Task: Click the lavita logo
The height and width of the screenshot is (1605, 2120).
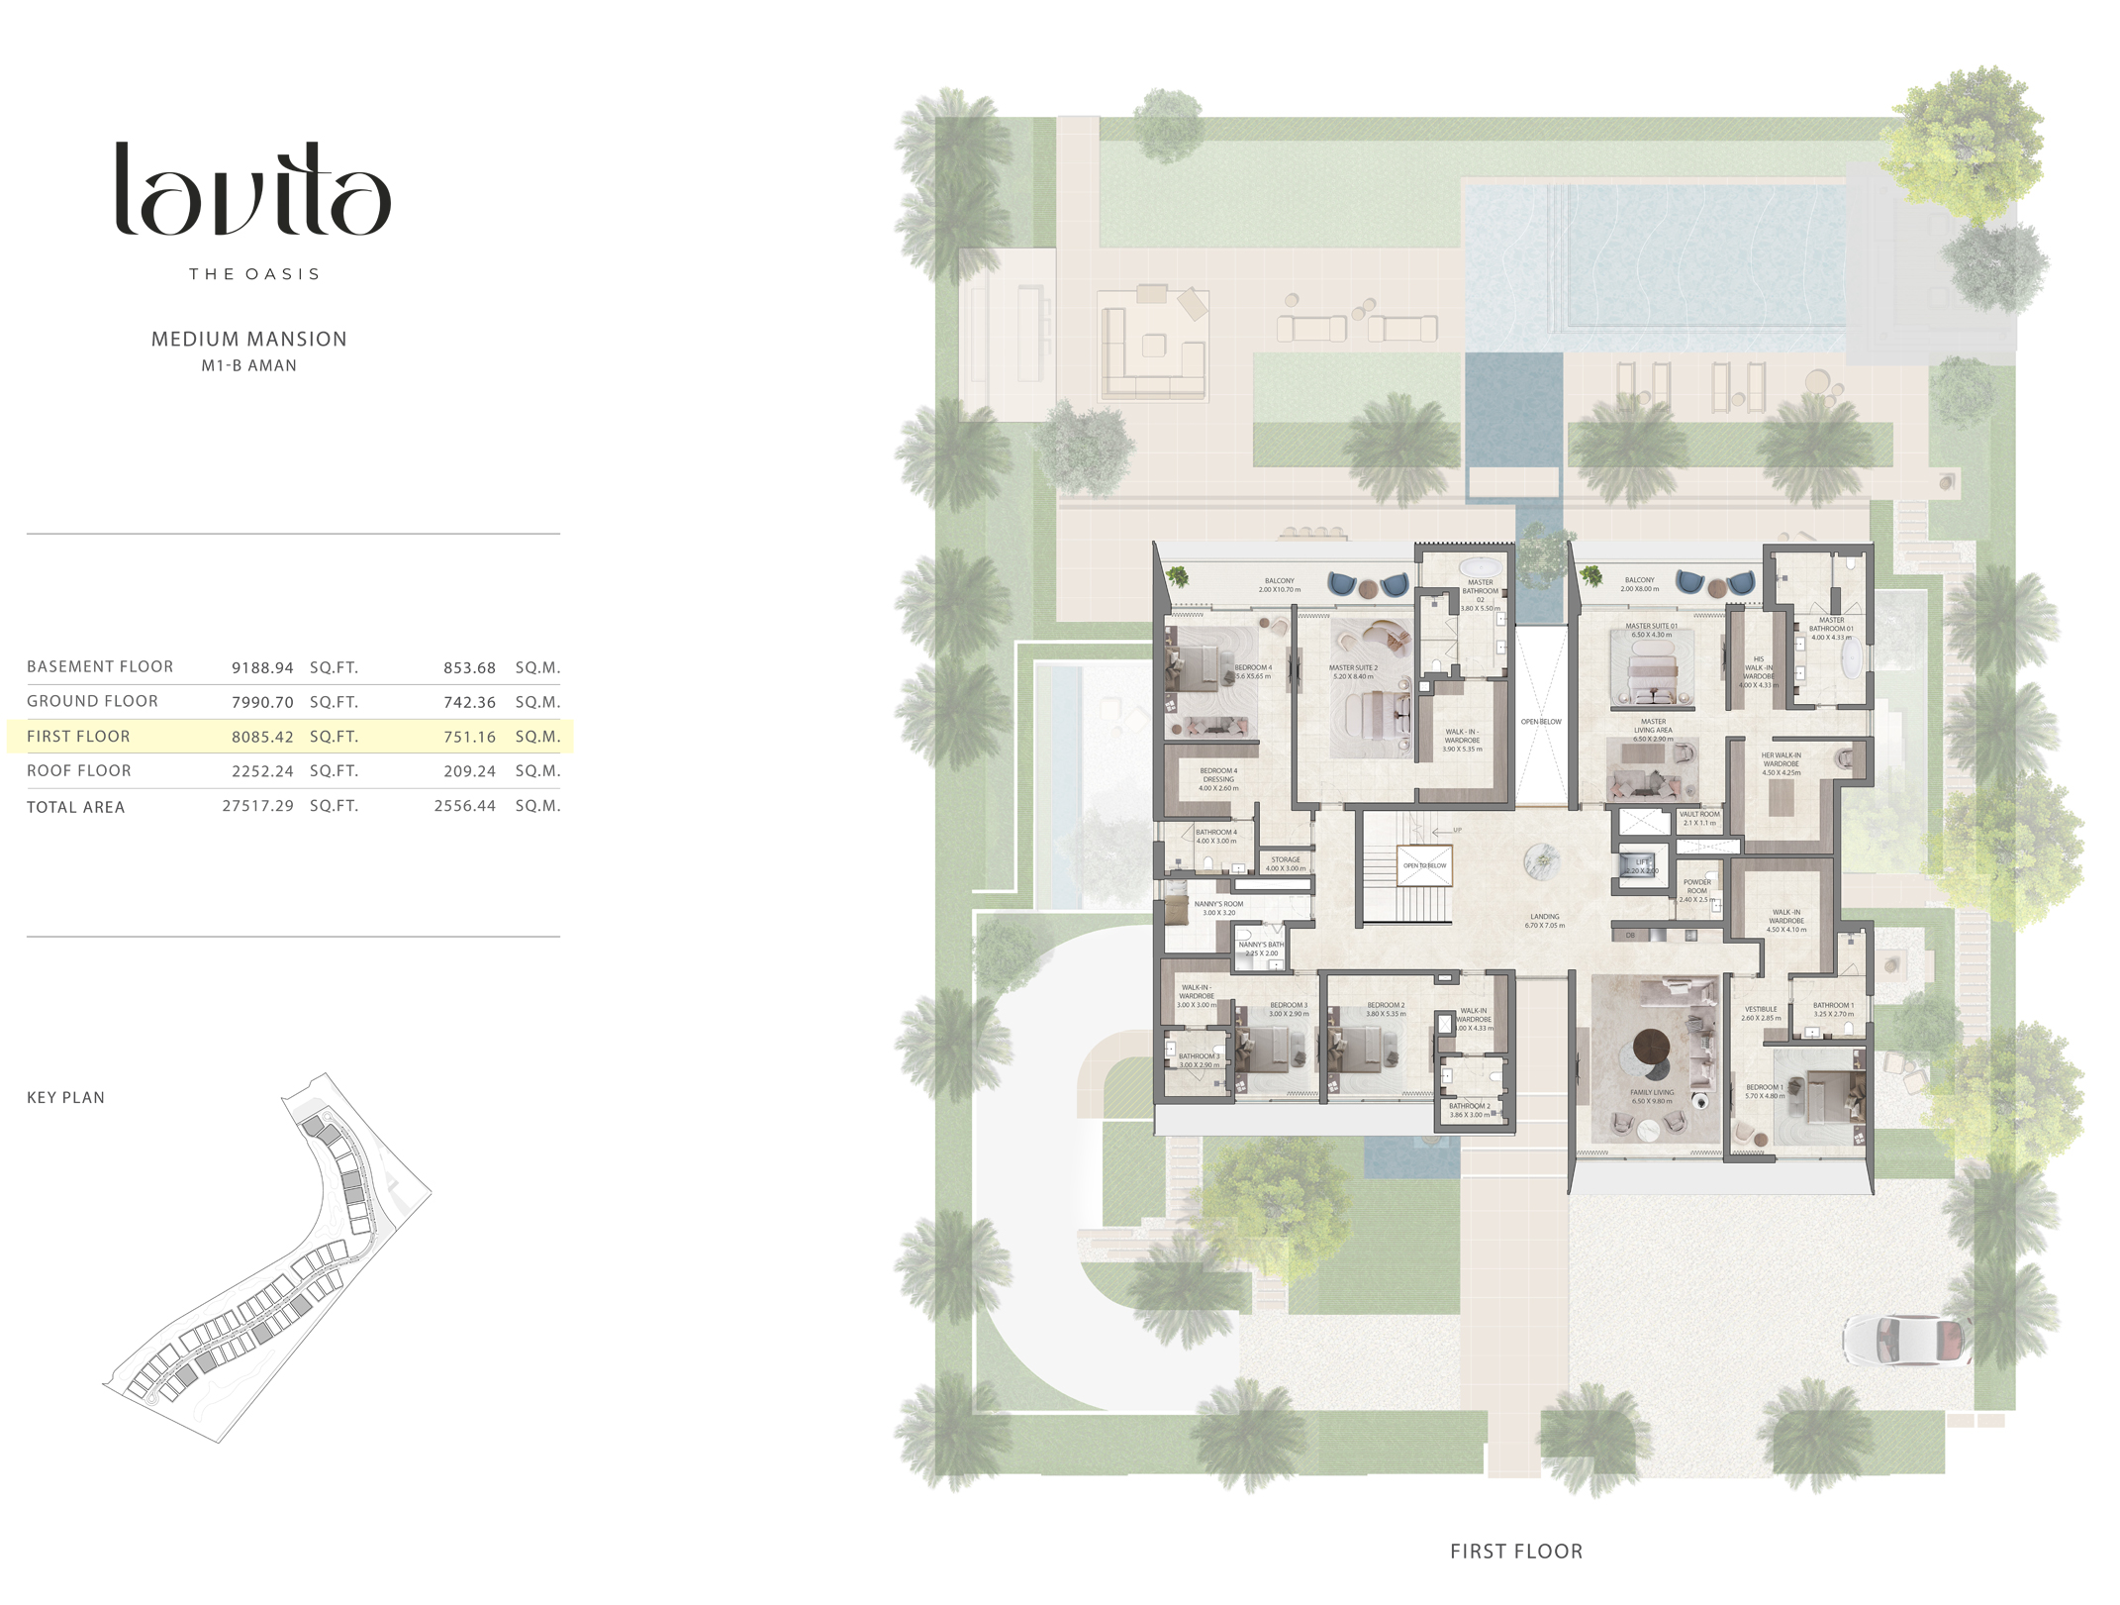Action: (x=253, y=189)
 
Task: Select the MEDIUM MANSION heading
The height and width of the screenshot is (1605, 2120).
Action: (x=248, y=339)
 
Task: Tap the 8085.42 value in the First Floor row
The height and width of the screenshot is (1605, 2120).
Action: (x=262, y=737)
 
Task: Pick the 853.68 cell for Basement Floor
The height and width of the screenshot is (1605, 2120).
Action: (x=469, y=667)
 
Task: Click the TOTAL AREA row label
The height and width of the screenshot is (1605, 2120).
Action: (x=76, y=807)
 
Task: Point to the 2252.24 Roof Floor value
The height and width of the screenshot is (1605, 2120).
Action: (x=262, y=770)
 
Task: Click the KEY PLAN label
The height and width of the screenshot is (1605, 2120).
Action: (x=65, y=1097)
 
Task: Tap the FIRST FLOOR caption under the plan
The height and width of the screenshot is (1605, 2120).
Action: (x=1515, y=1552)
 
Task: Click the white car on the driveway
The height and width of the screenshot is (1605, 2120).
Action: (x=1901, y=1340)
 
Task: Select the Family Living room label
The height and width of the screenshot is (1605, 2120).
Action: (x=1652, y=1096)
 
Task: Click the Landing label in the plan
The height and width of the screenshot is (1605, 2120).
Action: (x=1544, y=921)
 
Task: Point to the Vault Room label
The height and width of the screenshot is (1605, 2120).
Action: (x=1699, y=818)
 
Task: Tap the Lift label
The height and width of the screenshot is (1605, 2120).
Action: (x=1642, y=863)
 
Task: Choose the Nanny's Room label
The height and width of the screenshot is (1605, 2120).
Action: (x=1218, y=908)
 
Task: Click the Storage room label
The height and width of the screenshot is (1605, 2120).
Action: (x=1286, y=863)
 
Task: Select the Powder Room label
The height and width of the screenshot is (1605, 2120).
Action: (x=1696, y=890)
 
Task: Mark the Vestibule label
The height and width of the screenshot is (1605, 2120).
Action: (x=1761, y=1013)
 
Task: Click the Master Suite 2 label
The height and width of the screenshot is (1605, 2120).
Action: (x=1353, y=671)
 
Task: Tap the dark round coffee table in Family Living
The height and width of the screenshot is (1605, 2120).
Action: (x=1651, y=1045)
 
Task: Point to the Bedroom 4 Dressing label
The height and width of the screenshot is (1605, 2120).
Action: (x=1218, y=778)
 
